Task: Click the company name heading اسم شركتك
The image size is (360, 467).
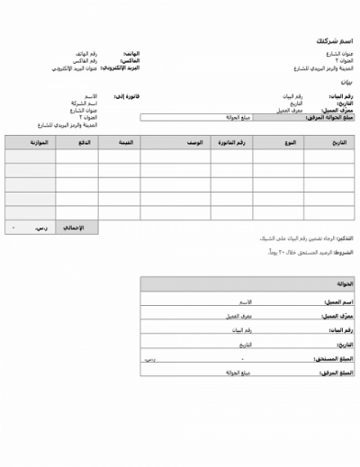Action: click(x=334, y=41)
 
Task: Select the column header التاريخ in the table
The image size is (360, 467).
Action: click(x=338, y=143)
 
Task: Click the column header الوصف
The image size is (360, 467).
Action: click(x=193, y=143)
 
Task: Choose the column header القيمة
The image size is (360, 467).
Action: click(x=127, y=143)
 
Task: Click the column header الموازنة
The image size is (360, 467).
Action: click(x=38, y=143)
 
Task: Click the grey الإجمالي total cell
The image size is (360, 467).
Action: click(x=74, y=227)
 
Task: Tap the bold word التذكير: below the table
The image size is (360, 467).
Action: click(x=345, y=238)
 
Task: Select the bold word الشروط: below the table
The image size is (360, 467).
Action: click(x=345, y=253)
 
